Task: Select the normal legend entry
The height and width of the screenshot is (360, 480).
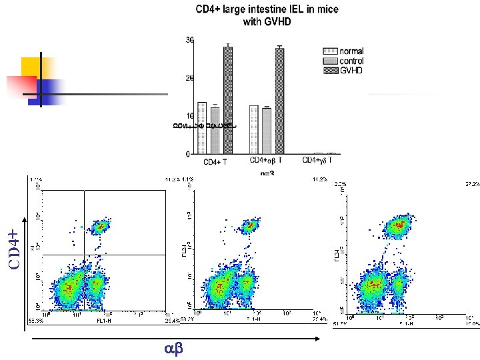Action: pos(351,51)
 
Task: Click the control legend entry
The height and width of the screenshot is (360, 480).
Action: pos(352,61)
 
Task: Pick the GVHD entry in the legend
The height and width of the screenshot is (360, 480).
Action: pos(351,70)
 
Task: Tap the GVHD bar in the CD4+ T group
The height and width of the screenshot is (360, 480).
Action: pos(228,100)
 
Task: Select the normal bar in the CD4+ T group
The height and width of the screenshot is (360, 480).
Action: pos(202,127)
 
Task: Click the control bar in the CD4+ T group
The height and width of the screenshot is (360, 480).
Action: pos(215,130)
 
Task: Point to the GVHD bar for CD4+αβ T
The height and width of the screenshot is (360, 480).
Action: pos(279,101)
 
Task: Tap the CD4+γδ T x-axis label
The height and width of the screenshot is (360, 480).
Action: pos(318,161)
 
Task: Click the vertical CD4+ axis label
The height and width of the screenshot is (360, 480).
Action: pos(14,241)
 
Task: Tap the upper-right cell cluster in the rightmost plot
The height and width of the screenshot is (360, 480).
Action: pos(399,226)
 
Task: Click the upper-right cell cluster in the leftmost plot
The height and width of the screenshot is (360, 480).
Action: pos(100,227)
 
